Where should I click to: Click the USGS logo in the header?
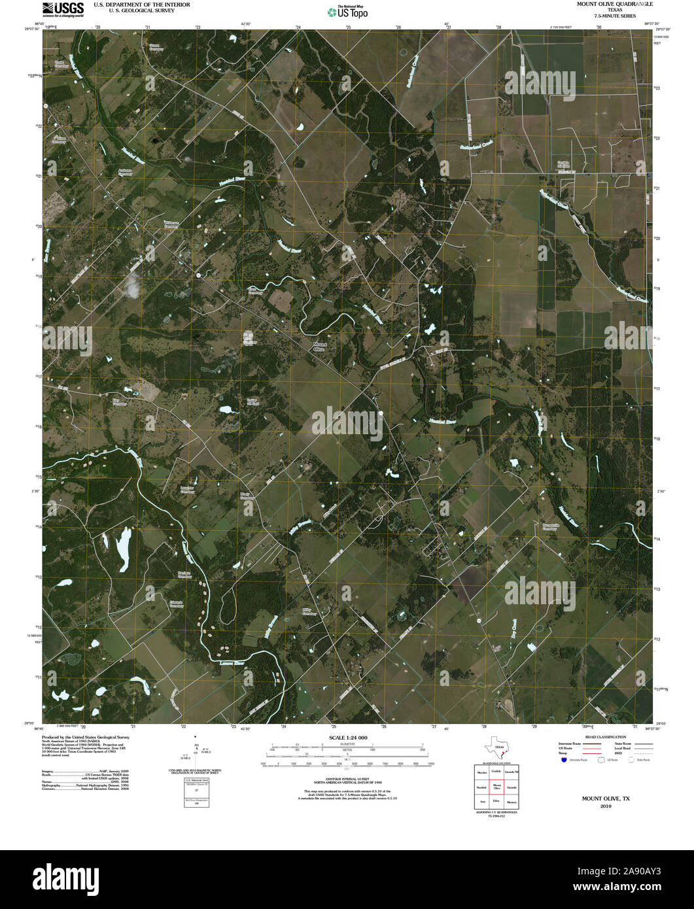(x=63, y=9)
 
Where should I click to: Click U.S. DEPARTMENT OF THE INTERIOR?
(x=142, y=5)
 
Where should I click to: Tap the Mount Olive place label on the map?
(x=319, y=347)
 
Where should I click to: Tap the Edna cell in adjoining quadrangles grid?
(x=497, y=801)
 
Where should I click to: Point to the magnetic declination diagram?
(x=196, y=755)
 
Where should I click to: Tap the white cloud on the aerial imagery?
(x=132, y=285)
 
